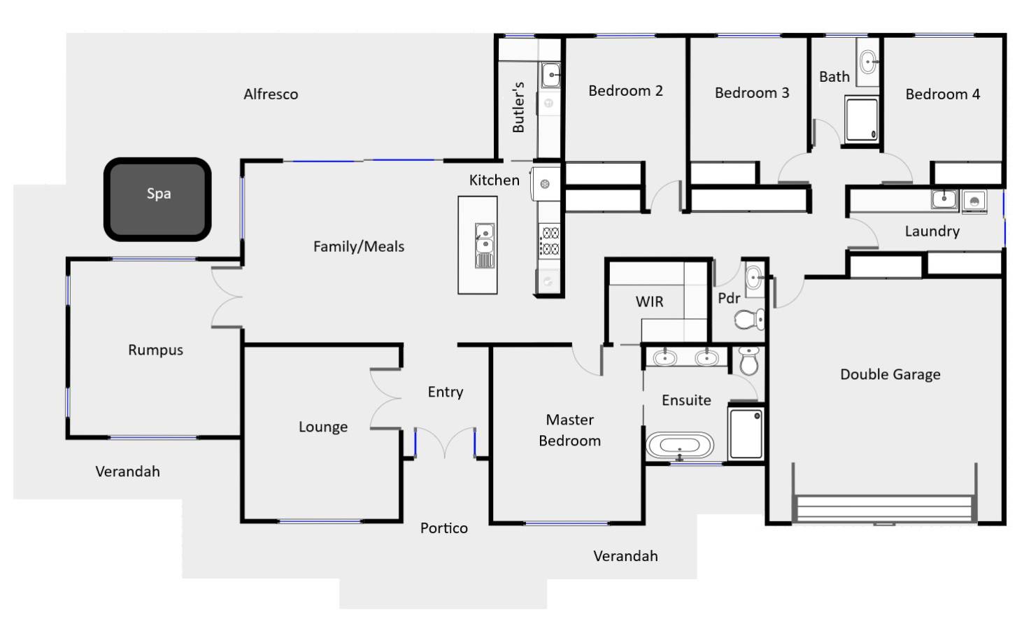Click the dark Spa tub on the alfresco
[x=157, y=199]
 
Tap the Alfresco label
[x=271, y=94]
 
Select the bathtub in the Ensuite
[x=679, y=446]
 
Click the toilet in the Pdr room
[x=749, y=320]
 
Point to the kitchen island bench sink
[x=484, y=239]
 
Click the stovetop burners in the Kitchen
[x=550, y=241]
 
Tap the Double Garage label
[x=890, y=374]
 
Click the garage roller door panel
[x=884, y=509]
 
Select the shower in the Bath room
[x=861, y=120]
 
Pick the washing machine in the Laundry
[x=974, y=201]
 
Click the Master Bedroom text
[x=569, y=430]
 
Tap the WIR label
[x=649, y=302]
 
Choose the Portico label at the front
[x=443, y=528]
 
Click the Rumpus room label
[x=155, y=350]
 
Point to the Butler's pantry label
[x=518, y=107]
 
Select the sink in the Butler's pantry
[x=550, y=74]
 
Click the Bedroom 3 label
[x=751, y=93]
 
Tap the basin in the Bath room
[x=867, y=62]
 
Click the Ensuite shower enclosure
[x=746, y=434]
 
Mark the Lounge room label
[x=322, y=427]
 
